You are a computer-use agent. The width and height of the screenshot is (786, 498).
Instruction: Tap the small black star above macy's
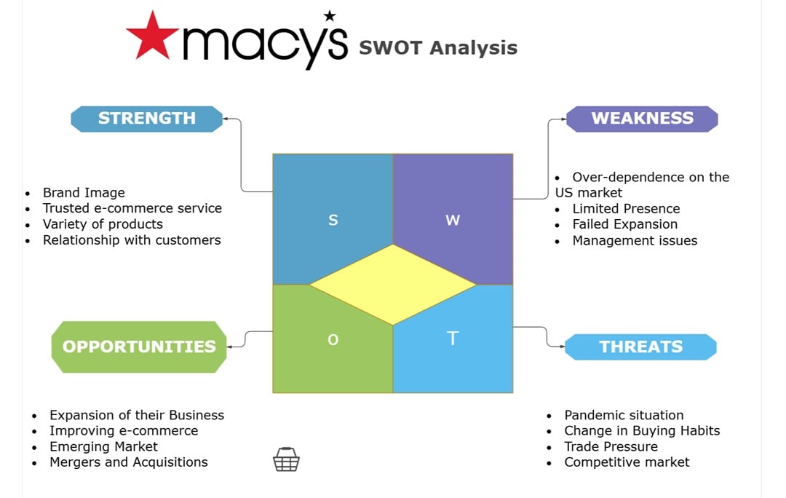330,15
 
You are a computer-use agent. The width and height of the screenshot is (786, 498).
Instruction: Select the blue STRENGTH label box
146,119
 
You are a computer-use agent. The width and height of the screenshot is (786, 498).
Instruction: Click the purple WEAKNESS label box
642,119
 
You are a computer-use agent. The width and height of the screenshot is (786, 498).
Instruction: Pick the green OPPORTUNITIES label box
139,347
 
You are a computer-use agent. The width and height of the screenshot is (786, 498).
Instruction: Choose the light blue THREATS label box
640,347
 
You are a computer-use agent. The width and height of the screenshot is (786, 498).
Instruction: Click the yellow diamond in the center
393,285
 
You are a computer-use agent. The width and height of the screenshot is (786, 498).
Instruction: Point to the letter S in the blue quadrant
333,220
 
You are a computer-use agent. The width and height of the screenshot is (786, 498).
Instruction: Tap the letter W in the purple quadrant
453,220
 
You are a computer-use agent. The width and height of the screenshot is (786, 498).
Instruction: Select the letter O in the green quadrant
333,339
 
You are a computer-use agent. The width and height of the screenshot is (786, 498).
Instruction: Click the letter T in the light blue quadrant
453,338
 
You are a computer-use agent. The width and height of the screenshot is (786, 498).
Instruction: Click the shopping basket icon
286,459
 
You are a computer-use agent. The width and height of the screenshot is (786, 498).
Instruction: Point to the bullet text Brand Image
84,193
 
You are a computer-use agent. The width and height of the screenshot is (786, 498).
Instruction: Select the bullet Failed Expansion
624,224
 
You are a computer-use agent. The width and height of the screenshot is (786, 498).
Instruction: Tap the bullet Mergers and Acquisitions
128,462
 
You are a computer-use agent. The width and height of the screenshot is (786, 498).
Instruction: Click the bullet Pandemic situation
624,415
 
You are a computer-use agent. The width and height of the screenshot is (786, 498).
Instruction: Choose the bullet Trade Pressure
611,446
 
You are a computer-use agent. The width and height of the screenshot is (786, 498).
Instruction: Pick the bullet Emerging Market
103,446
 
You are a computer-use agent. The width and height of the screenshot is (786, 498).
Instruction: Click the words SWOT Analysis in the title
438,48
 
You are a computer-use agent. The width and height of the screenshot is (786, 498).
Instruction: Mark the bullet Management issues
635,240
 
